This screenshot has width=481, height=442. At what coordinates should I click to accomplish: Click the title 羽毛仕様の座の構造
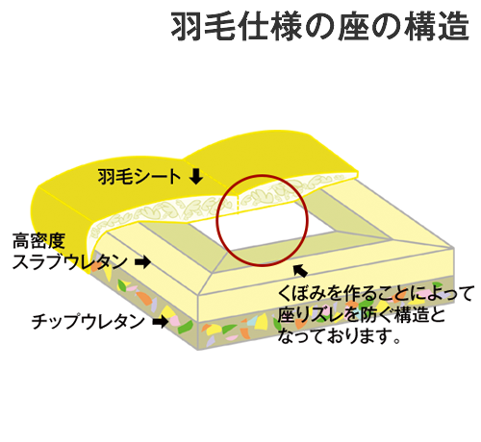coord(320,26)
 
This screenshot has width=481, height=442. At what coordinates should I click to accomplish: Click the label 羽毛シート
coord(139,177)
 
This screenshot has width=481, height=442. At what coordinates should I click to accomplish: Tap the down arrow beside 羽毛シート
coord(195,176)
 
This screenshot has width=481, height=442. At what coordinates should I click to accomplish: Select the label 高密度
coord(38,241)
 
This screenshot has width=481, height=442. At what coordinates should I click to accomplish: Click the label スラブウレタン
coord(69,262)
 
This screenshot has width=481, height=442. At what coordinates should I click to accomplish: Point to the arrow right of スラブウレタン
coord(142,261)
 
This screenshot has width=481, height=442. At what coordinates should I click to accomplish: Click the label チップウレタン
coord(89,321)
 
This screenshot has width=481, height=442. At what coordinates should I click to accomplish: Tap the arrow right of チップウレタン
coord(161,321)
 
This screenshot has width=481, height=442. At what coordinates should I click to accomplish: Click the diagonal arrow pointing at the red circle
coord(300,271)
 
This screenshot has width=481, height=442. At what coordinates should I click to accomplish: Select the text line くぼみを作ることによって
coord(375,293)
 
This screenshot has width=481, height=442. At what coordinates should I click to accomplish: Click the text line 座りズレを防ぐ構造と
coord(362,314)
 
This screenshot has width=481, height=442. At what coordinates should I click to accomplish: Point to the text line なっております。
coord(340,336)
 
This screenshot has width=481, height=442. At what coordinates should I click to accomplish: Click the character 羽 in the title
coord(187,26)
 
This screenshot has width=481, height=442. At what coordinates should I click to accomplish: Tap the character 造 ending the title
coord(454,26)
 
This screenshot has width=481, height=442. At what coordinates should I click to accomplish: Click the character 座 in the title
coord(353,26)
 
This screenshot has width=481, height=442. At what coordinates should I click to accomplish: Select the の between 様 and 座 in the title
coord(320,27)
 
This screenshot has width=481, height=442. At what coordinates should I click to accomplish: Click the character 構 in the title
coord(420,26)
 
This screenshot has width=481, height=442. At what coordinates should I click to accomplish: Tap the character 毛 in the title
coord(219,26)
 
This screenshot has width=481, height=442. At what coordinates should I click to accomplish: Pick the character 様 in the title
coord(287,26)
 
